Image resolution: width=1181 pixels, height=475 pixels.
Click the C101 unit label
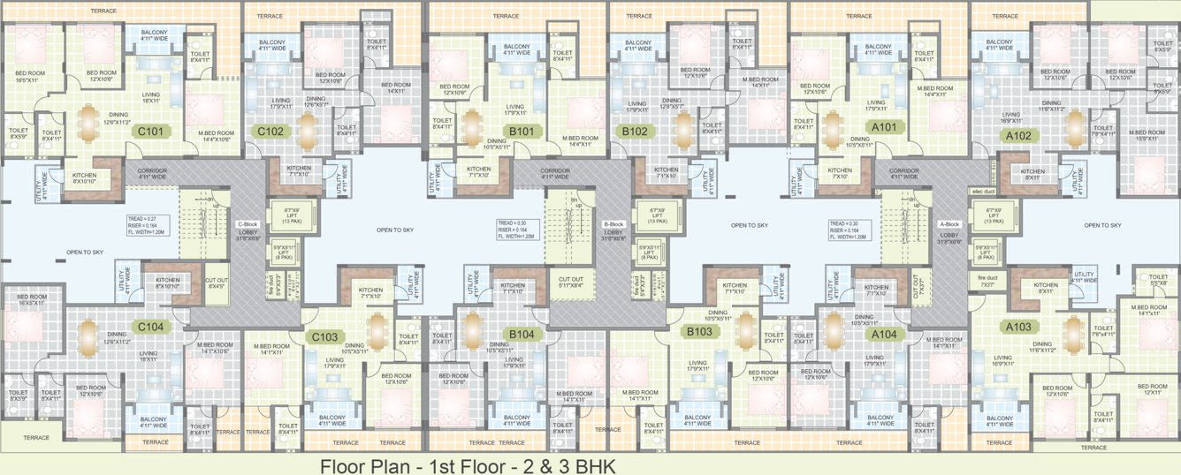[x=148, y=131]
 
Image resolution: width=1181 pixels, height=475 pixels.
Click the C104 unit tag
[x=150, y=327]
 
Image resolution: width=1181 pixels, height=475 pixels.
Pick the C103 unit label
[x=324, y=336]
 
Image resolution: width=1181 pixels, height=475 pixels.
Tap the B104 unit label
[x=521, y=334]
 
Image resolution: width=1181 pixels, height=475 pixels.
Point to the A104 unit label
[x=884, y=334]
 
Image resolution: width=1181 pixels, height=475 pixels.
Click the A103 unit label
[x=1017, y=327]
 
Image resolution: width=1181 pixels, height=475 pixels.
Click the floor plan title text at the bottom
[x=467, y=465]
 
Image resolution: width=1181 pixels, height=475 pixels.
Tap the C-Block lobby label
[x=248, y=230]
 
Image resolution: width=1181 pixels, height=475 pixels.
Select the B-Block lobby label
[x=614, y=230]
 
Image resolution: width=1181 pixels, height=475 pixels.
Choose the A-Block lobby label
[x=949, y=230]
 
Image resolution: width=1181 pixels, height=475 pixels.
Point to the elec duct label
[x=983, y=192]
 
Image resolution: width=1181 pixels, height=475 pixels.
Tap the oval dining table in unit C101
[x=88, y=123]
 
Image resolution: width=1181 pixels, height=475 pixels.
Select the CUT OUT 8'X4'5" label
[x=216, y=283]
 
